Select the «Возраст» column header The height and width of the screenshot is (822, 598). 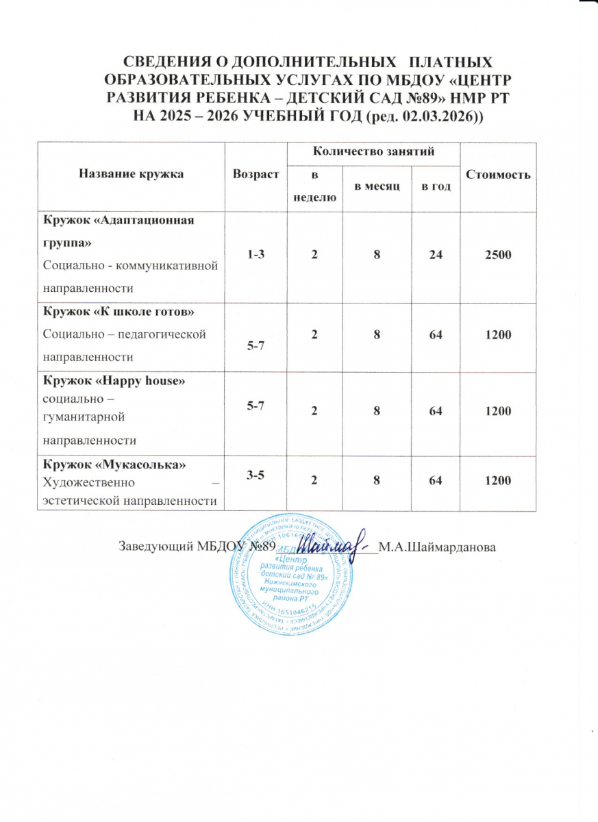click(x=256, y=174)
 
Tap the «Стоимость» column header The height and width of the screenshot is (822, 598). click(x=498, y=174)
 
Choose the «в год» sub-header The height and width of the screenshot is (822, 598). click(x=436, y=187)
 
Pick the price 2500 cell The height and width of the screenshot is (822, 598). click(x=498, y=254)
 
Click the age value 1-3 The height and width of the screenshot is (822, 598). click(x=256, y=254)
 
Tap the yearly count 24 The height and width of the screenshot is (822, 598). click(x=436, y=254)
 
